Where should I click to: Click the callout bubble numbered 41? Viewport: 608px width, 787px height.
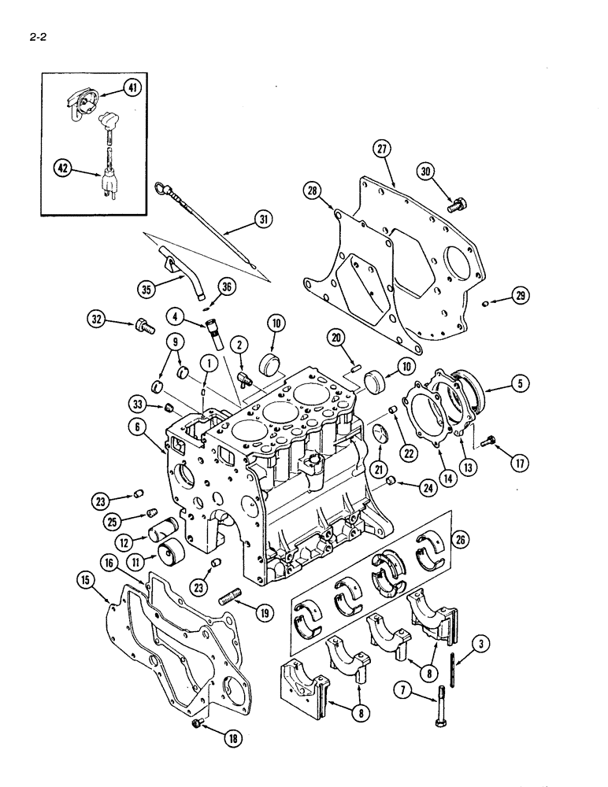[x=132, y=88]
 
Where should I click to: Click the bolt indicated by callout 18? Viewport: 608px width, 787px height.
[x=197, y=722]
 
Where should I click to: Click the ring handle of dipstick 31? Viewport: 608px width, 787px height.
[x=162, y=186]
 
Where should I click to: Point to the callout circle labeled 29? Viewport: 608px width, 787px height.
[x=520, y=296]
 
